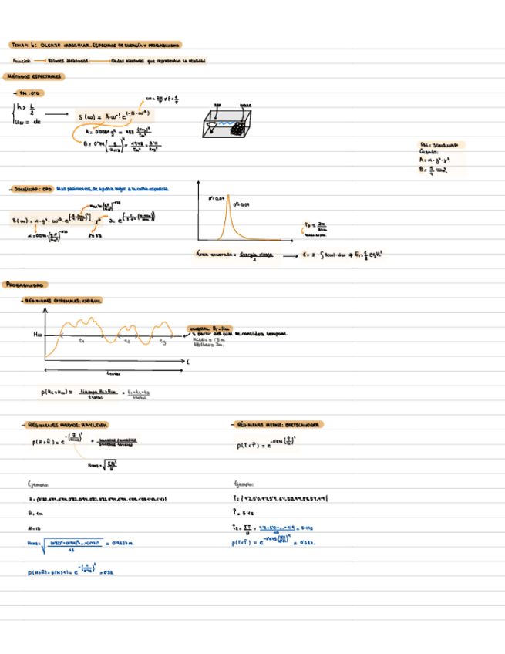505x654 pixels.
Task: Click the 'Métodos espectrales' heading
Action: [x=36, y=77]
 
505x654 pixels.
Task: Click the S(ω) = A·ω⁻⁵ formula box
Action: [x=116, y=116]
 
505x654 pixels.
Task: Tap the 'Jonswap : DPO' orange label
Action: [x=30, y=187]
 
